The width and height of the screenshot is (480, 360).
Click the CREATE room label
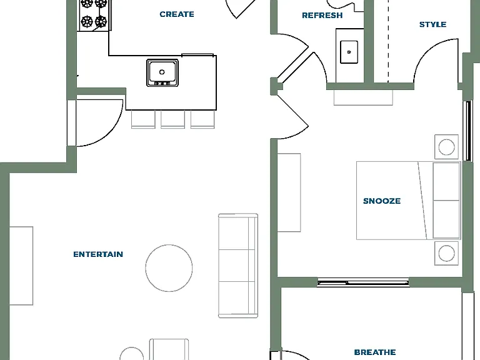(177, 14)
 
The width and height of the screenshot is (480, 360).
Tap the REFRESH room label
(322, 15)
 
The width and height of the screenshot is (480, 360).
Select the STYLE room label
(432, 24)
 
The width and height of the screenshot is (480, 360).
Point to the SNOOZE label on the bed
(382, 201)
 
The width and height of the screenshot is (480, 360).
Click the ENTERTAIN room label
(98, 254)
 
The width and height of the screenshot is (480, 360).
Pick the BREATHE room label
(375, 352)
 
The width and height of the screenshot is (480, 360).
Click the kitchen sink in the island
(162, 73)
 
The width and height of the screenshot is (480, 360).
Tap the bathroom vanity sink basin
(349, 52)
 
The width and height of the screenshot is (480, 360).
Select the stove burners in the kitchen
(94, 15)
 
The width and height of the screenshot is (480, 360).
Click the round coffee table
(169, 268)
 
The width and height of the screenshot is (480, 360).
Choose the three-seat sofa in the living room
(238, 266)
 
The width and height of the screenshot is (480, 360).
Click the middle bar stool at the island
(172, 119)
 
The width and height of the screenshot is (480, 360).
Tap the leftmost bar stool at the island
(143, 119)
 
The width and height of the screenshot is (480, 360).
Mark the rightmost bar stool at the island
(202, 119)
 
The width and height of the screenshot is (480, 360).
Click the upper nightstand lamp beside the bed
(446, 147)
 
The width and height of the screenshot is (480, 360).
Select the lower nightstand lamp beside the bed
(446, 253)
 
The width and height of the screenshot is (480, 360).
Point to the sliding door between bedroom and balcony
(363, 282)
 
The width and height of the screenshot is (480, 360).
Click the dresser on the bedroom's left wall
(289, 192)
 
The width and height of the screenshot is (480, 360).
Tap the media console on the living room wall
(21, 266)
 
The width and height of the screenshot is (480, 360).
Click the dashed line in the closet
(388, 41)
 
